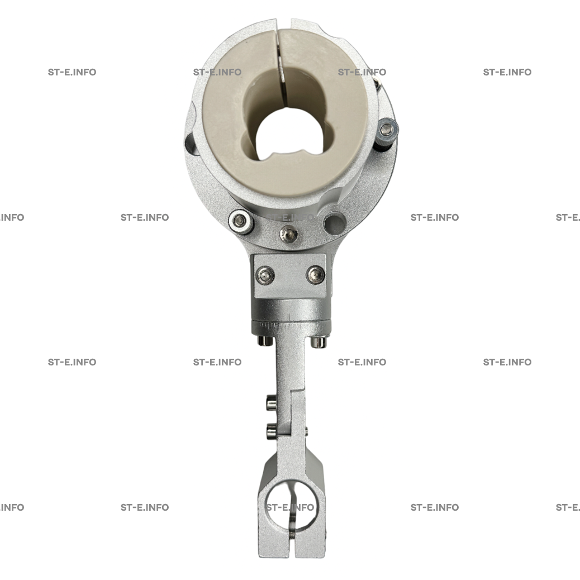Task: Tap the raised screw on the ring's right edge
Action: click(387, 130)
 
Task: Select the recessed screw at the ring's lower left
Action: click(241, 221)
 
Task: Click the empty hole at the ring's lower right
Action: click(335, 223)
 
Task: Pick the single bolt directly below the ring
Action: click(288, 234)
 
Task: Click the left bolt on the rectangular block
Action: click(265, 275)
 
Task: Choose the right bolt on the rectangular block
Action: click(316, 275)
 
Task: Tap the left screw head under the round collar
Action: click(265, 340)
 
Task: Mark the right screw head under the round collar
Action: click(318, 342)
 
